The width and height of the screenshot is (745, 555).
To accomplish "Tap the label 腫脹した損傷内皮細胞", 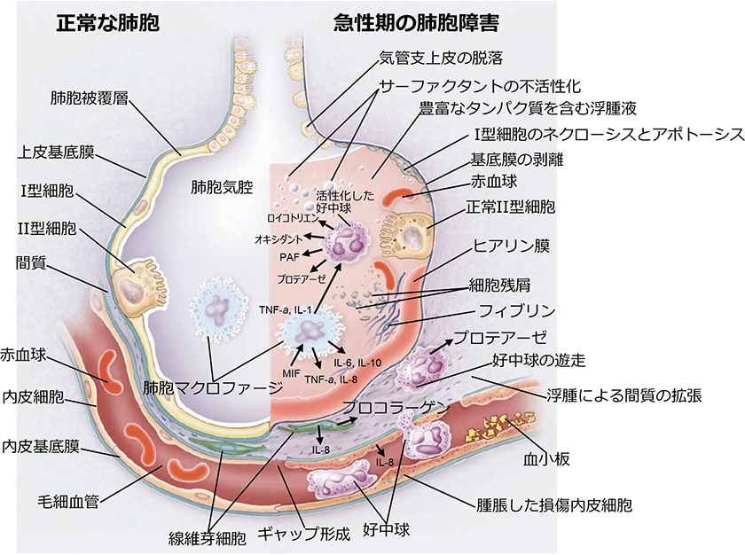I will point(553,505).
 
